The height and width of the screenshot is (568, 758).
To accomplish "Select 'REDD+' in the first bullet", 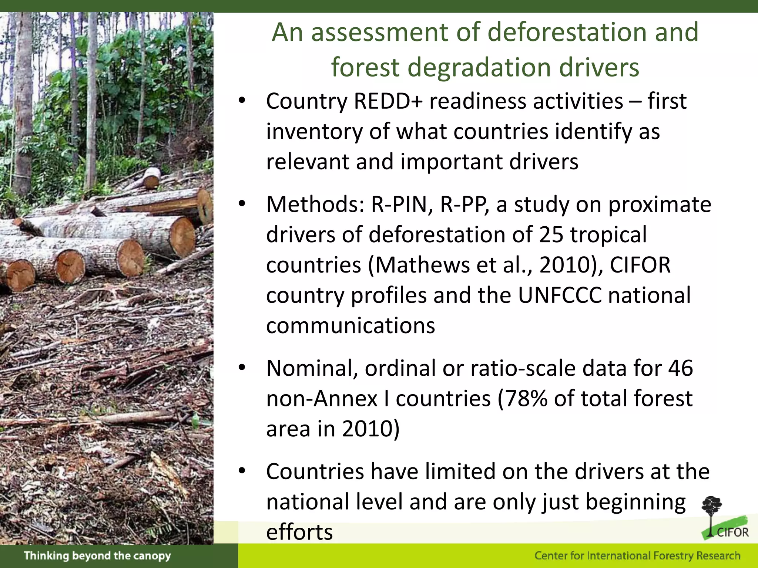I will click(388, 101).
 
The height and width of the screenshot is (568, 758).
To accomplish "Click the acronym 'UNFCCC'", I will click(559, 295).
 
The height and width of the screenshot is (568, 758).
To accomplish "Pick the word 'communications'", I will click(351, 326).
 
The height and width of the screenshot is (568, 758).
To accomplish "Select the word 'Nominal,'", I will click(312, 368).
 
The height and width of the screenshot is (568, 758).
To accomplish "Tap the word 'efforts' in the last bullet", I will click(299, 532).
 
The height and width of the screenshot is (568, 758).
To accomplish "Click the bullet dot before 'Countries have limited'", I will click(242, 471).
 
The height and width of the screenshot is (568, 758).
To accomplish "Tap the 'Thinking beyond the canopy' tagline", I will click(97, 556).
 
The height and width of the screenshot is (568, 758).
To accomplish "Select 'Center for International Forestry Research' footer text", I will click(637, 556).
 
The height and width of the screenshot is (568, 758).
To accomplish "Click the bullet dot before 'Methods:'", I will click(242, 204).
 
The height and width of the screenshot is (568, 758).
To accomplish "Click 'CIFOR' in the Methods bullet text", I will click(640, 265).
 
